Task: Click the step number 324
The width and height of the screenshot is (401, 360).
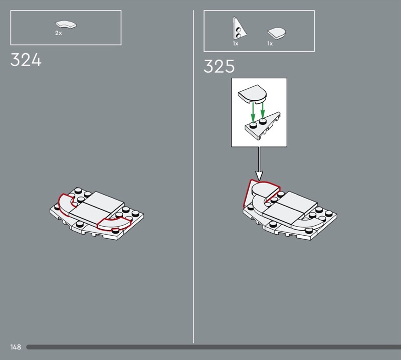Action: [26, 60]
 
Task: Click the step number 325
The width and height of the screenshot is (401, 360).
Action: [219, 66]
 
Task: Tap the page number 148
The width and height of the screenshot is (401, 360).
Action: [16, 347]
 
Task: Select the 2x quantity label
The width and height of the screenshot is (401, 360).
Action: [59, 33]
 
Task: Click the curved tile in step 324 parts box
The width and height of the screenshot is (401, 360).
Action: [66, 25]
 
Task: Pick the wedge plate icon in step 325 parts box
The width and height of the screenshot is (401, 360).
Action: [239, 29]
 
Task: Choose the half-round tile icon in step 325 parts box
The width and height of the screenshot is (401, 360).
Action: [277, 33]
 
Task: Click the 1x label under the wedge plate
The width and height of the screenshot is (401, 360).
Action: [236, 44]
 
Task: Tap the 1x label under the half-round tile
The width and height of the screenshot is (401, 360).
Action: [270, 44]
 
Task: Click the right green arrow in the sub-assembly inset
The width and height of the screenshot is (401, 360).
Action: [262, 110]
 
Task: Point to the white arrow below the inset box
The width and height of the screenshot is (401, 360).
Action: [259, 164]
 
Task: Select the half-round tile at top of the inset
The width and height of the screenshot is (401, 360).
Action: [253, 94]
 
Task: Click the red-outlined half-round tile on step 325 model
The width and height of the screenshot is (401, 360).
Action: [264, 191]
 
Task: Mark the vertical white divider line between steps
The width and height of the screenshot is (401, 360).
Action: [193, 176]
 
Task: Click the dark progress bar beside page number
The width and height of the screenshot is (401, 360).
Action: [214, 347]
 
